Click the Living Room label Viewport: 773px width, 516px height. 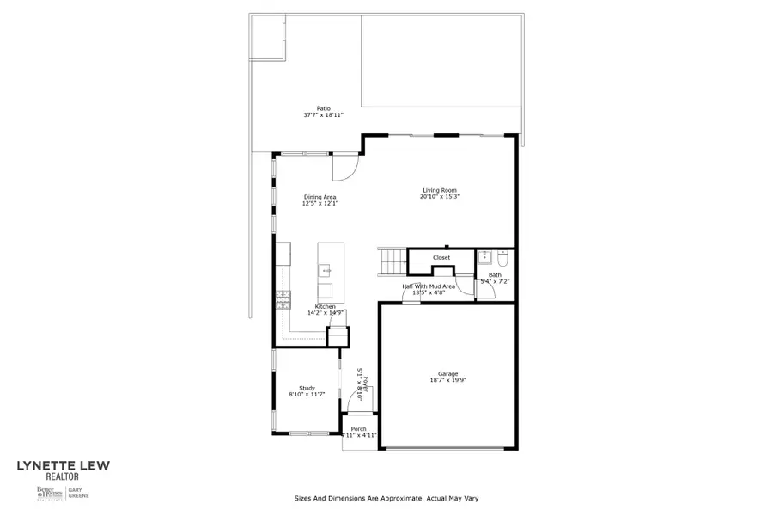tap(439, 190)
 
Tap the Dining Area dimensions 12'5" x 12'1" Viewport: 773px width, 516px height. tap(320, 204)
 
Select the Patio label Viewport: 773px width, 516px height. tap(323, 108)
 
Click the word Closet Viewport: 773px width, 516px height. tap(441, 257)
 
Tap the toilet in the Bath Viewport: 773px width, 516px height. tap(504, 258)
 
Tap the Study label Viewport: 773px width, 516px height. tap(307, 388)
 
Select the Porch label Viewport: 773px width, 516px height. tap(359, 429)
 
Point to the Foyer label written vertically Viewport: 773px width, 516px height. tap(365, 384)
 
